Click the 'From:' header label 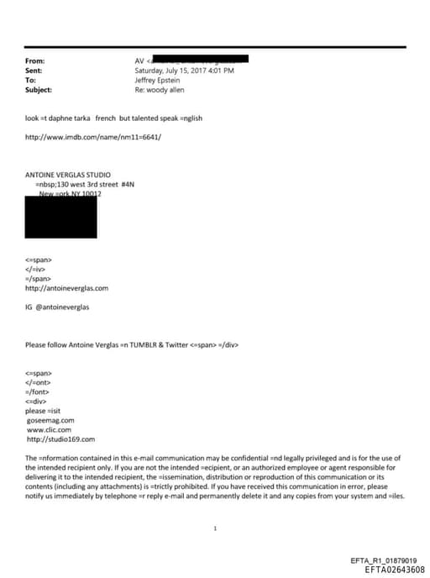click(34, 61)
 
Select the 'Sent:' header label click(34, 71)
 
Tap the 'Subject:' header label click(39, 89)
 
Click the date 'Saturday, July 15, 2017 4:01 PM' click(184, 71)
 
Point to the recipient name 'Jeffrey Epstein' click(159, 80)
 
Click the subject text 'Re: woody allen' click(161, 89)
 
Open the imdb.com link click(93, 137)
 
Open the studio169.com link click(61, 439)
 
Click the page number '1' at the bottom click(216, 528)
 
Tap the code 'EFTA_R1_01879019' click(388, 560)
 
